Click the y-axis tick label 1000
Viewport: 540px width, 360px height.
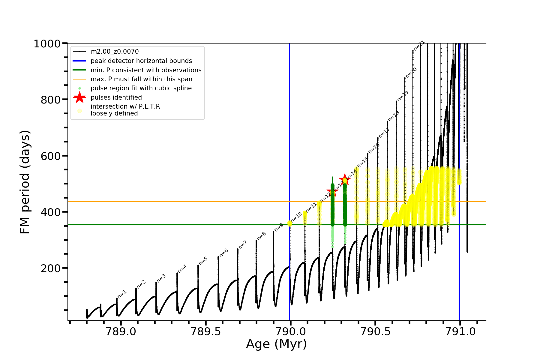pyautogui.click(x=47, y=44)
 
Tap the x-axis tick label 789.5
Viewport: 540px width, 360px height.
pyautogui.click(x=205, y=331)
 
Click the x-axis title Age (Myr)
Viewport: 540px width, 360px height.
pyautogui.click(x=276, y=344)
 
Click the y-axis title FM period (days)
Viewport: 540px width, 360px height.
pyautogui.click(x=25, y=182)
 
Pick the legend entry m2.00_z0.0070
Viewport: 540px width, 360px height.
pyautogui.click(x=115, y=52)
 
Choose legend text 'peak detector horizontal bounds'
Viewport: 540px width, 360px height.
pyautogui.click(x=141, y=61)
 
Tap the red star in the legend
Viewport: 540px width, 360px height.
pyautogui.click(x=79, y=97)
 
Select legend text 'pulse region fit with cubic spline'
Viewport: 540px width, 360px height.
pyautogui.click(x=141, y=88)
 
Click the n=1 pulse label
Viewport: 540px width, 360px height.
pyautogui.click(x=122, y=294)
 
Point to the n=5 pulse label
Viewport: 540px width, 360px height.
pyautogui.click(x=203, y=261)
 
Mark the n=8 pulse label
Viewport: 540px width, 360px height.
pyautogui.click(x=261, y=236)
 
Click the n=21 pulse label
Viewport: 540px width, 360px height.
pyautogui.click(x=419, y=45)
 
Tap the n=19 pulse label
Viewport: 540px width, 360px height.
pyautogui.click(x=403, y=96)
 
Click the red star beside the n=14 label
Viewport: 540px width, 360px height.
pyautogui.click(x=345, y=179)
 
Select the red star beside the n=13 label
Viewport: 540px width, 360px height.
pyautogui.click(x=332, y=191)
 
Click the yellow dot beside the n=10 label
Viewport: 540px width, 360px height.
pyautogui.click(x=289, y=223)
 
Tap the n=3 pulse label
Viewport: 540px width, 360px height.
pyautogui.click(x=161, y=278)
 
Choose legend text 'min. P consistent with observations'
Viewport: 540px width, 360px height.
pyautogui.click(x=146, y=70)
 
